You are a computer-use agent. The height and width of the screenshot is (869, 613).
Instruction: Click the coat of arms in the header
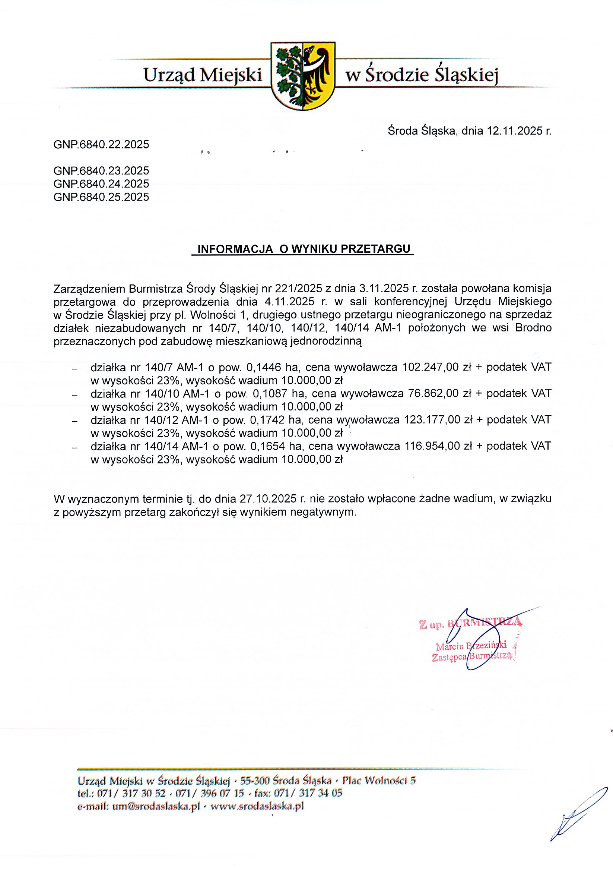[303, 76]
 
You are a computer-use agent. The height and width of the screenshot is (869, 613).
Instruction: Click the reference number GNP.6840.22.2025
[101, 144]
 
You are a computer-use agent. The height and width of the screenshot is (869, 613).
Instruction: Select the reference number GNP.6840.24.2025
[101, 183]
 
